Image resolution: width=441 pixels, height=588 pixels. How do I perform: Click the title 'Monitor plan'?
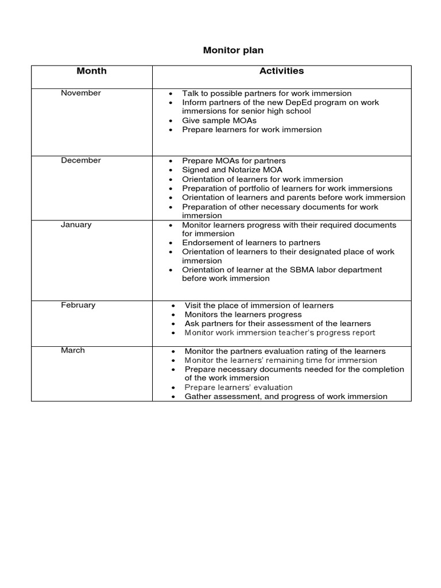233,51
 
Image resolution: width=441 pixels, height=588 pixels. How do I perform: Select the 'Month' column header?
91,71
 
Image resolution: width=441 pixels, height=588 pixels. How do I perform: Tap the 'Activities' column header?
281,71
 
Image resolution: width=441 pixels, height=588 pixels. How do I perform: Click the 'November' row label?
81,93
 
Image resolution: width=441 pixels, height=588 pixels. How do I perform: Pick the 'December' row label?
81,161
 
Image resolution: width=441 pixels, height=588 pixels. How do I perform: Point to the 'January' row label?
76,225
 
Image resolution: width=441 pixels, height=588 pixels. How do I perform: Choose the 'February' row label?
78,305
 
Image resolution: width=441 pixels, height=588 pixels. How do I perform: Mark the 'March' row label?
73,351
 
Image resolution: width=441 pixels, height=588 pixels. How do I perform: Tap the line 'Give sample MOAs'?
219,121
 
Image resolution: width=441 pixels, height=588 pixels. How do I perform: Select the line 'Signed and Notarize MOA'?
232,170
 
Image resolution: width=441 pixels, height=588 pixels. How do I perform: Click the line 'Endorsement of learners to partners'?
251,243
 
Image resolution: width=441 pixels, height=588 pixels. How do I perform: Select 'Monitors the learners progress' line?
243,315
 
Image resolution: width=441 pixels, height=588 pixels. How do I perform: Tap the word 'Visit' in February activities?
194,305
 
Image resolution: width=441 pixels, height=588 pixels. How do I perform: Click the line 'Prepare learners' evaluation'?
238,388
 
